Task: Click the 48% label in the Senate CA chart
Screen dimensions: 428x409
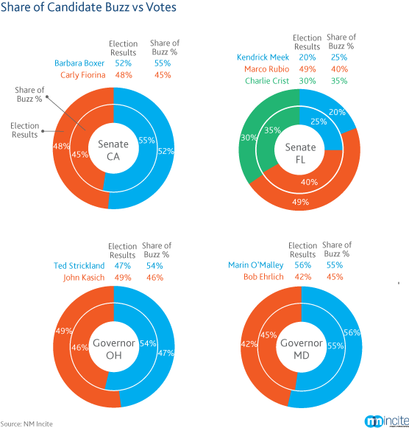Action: click(62, 146)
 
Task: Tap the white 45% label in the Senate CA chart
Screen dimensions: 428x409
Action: click(80, 155)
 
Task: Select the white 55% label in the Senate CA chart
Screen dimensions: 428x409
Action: click(146, 140)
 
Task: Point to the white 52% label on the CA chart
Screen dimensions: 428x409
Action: click(166, 151)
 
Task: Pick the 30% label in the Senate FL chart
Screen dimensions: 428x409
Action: click(249, 138)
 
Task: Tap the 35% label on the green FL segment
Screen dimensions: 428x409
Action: click(272, 130)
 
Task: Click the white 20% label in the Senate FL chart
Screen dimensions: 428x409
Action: click(337, 113)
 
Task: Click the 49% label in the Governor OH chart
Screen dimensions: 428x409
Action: click(63, 331)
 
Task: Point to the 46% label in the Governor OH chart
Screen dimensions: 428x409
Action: click(79, 348)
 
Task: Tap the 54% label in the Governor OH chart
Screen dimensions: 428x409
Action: click(147, 343)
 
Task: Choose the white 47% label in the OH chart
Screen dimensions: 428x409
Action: click(166, 354)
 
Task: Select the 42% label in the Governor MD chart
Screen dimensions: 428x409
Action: click(249, 344)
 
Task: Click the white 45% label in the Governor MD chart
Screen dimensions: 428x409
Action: click(268, 335)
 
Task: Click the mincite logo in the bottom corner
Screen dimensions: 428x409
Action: click(385, 418)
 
